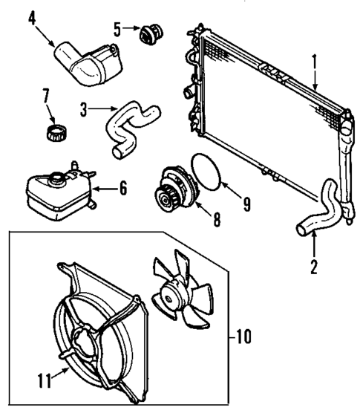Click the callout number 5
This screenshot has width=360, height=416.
117,29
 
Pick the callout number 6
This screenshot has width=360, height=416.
122,188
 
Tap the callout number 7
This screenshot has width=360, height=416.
46,96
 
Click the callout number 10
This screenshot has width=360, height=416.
243,337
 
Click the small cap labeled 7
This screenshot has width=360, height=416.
55,134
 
